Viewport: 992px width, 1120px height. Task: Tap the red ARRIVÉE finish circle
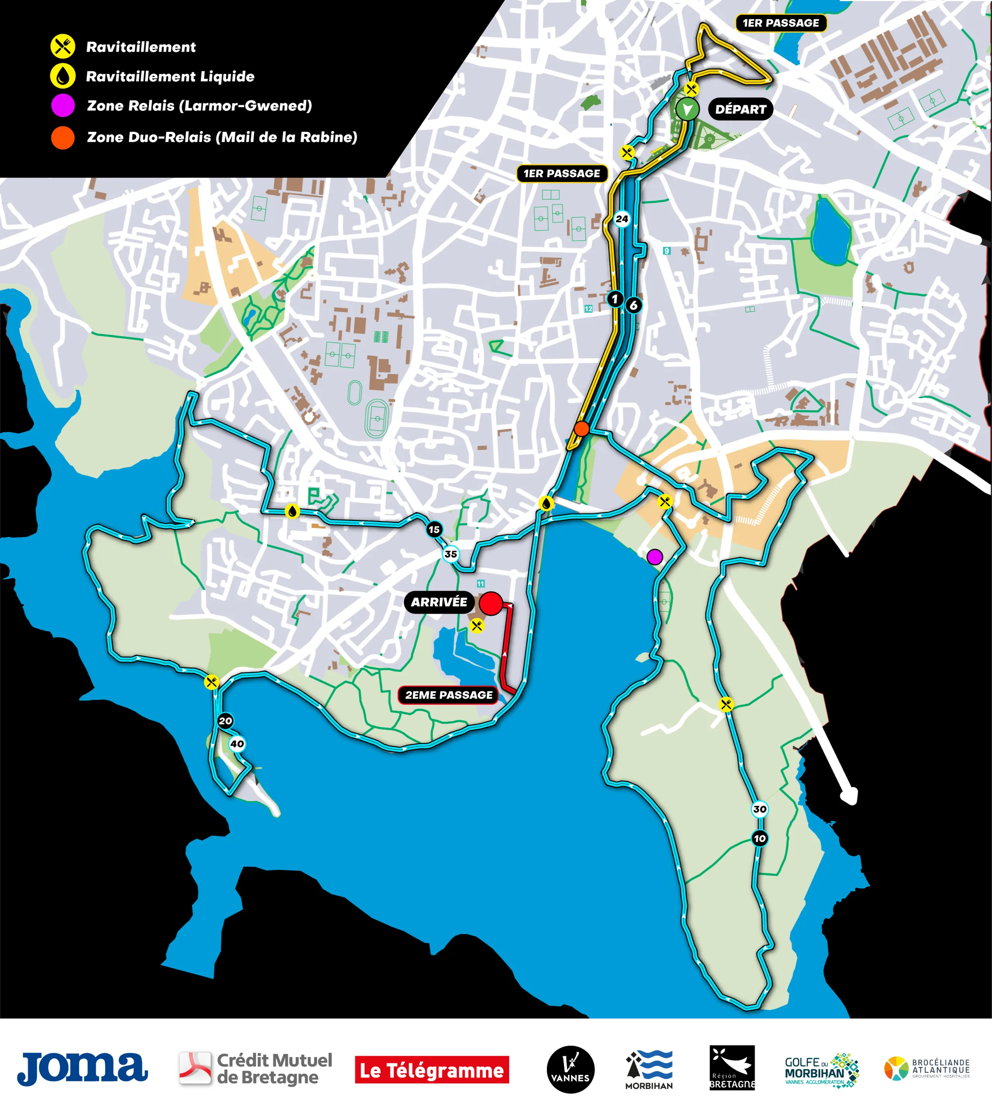click(491, 603)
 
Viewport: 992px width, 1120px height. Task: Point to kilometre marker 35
click(451, 554)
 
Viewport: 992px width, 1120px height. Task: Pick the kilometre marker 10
click(759, 838)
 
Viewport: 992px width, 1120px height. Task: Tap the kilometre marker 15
click(434, 529)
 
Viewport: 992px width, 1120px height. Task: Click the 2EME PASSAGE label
click(448, 695)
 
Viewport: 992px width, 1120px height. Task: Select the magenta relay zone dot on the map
click(654, 557)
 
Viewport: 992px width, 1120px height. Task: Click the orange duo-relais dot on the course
click(582, 428)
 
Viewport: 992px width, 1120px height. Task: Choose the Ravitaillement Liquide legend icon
click(63, 76)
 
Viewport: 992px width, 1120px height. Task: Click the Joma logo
click(82, 1068)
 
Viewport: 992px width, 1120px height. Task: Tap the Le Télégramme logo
click(432, 1070)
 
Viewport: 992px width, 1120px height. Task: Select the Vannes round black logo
click(570, 1070)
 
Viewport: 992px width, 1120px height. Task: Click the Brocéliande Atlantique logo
click(926, 1068)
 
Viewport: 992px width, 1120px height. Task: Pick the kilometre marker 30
click(759, 809)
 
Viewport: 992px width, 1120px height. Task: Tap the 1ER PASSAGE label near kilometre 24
click(562, 174)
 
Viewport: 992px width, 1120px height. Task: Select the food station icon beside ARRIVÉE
click(477, 626)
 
